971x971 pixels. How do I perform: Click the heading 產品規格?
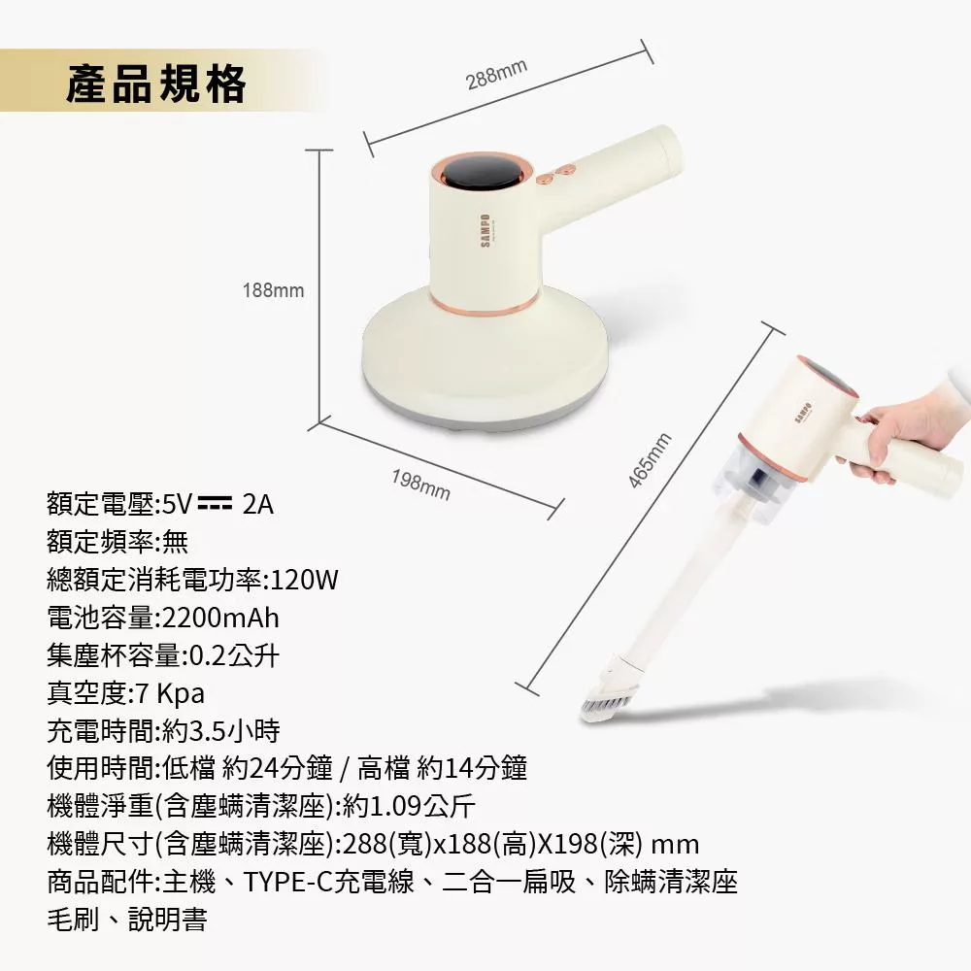(x=156, y=85)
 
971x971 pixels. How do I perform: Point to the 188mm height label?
(x=273, y=290)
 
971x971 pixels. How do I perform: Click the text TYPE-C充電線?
(x=331, y=882)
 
